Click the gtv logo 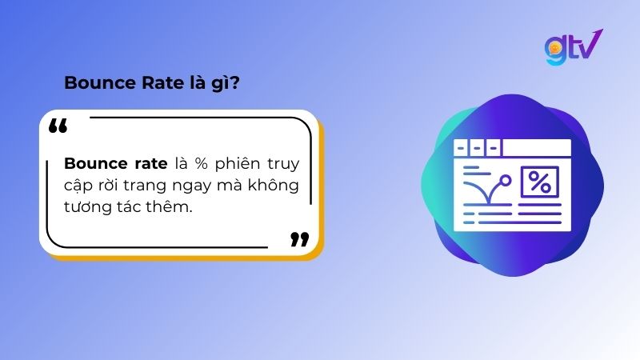tap(573, 47)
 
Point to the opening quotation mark tap(58, 126)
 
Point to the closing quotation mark tap(299, 238)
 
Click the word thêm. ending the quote tap(170, 207)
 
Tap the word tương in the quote tap(87, 208)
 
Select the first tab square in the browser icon tap(460, 147)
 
